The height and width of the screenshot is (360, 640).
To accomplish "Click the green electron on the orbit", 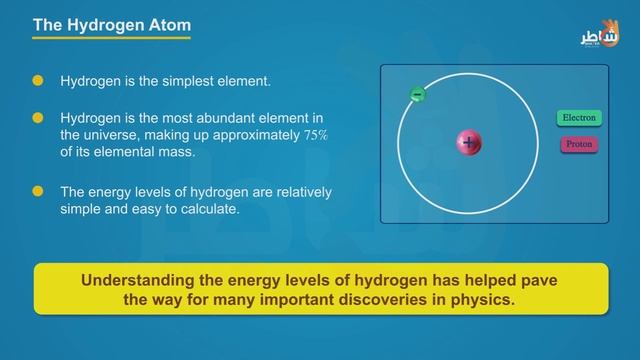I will (418, 95).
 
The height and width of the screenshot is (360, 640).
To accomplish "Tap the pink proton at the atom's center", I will (469, 143).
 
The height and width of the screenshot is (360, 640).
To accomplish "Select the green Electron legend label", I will (579, 118).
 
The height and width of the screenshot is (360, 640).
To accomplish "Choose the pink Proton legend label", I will (579, 144).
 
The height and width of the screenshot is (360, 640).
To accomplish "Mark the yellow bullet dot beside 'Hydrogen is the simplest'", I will (38, 79).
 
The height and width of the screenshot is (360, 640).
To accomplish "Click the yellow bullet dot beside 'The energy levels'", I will (38, 191).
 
